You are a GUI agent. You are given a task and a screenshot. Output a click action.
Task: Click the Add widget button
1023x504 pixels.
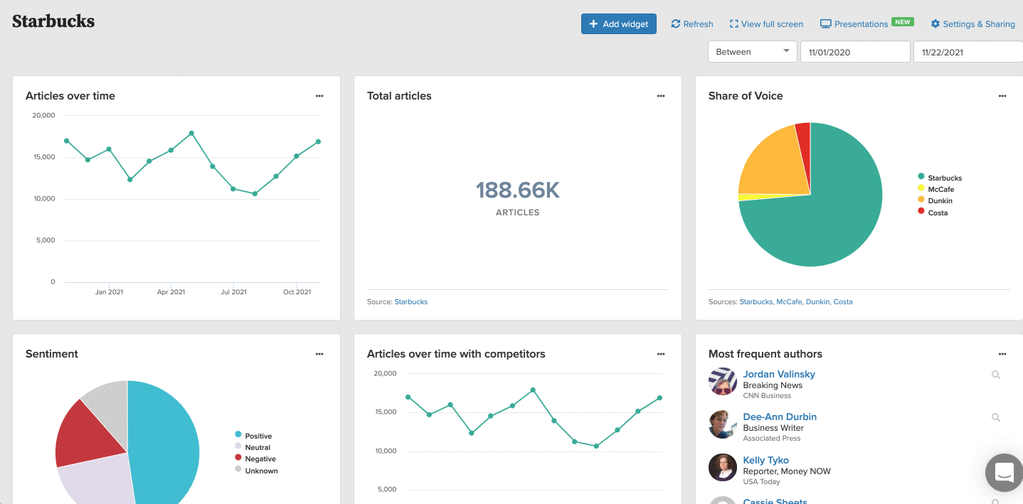618,23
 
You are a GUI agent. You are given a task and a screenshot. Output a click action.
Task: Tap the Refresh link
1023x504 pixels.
692,23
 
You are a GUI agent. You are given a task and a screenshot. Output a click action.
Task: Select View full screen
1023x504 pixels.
766,23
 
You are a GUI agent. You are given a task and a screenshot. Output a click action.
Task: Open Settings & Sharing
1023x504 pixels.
972,23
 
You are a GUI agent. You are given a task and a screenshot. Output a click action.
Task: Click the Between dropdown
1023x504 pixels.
752,52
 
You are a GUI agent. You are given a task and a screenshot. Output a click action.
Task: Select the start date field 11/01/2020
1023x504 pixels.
855,52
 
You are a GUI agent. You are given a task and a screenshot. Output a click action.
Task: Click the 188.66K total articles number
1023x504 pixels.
517,190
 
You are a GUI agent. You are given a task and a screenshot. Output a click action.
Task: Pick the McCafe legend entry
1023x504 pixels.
935,189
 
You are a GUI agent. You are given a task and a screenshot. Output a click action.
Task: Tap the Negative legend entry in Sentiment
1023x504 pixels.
255,459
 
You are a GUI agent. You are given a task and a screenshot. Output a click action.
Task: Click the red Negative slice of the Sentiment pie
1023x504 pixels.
87,436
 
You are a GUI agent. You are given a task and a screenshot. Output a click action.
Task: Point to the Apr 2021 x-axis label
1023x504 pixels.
171,291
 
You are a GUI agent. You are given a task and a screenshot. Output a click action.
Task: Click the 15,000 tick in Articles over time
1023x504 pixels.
44,156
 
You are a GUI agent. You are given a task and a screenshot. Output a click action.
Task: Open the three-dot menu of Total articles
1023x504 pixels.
661,96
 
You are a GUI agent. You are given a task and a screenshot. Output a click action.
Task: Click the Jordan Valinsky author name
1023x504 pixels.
779,374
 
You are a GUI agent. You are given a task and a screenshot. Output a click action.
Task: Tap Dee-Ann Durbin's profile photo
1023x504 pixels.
723,424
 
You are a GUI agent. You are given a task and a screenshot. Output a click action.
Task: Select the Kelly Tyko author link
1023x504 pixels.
766,460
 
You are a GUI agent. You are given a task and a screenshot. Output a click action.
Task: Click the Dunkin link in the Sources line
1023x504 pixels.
817,301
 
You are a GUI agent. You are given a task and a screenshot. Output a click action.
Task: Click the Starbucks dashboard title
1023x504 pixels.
53,21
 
